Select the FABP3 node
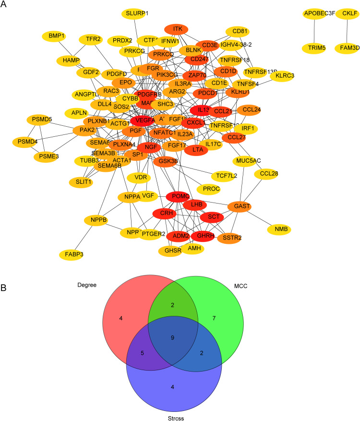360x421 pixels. [72, 253]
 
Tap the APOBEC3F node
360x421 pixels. [319, 13]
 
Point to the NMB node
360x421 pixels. [281, 229]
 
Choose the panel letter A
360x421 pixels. [4, 4]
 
